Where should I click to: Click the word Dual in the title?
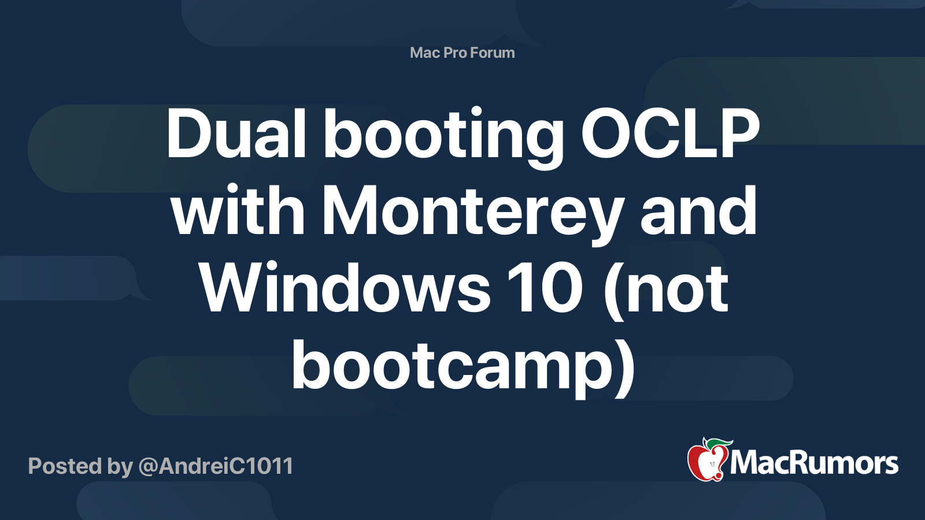tap(236, 134)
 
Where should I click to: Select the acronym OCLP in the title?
tap(670, 134)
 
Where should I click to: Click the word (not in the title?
tap(665, 288)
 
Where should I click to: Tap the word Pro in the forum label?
tap(454, 53)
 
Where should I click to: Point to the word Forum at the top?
tap(492, 53)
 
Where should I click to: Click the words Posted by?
tap(80, 466)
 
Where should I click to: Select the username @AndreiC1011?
tap(216, 466)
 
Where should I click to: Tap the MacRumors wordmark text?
tap(814, 463)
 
